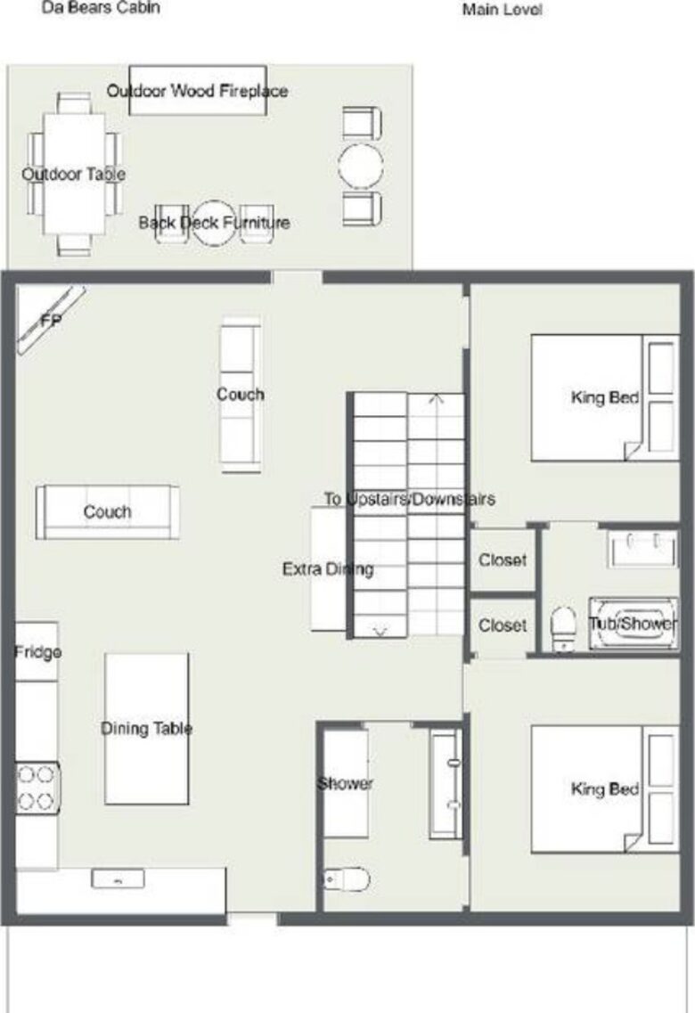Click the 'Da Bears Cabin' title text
point(101,9)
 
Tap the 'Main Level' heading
point(502,11)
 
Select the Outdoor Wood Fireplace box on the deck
point(197,90)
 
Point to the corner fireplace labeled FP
point(50,319)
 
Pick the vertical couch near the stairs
point(241,393)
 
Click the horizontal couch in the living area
point(107,512)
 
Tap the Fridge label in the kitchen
point(37,652)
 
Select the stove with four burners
point(37,788)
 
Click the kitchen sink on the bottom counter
point(118,879)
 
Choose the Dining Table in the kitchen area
point(146,729)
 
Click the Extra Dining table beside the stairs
point(328,569)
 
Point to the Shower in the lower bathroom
point(346,783)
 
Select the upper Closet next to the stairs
point(502,560)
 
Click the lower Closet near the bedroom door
point(502,625)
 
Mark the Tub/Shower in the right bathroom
point(633,624)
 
